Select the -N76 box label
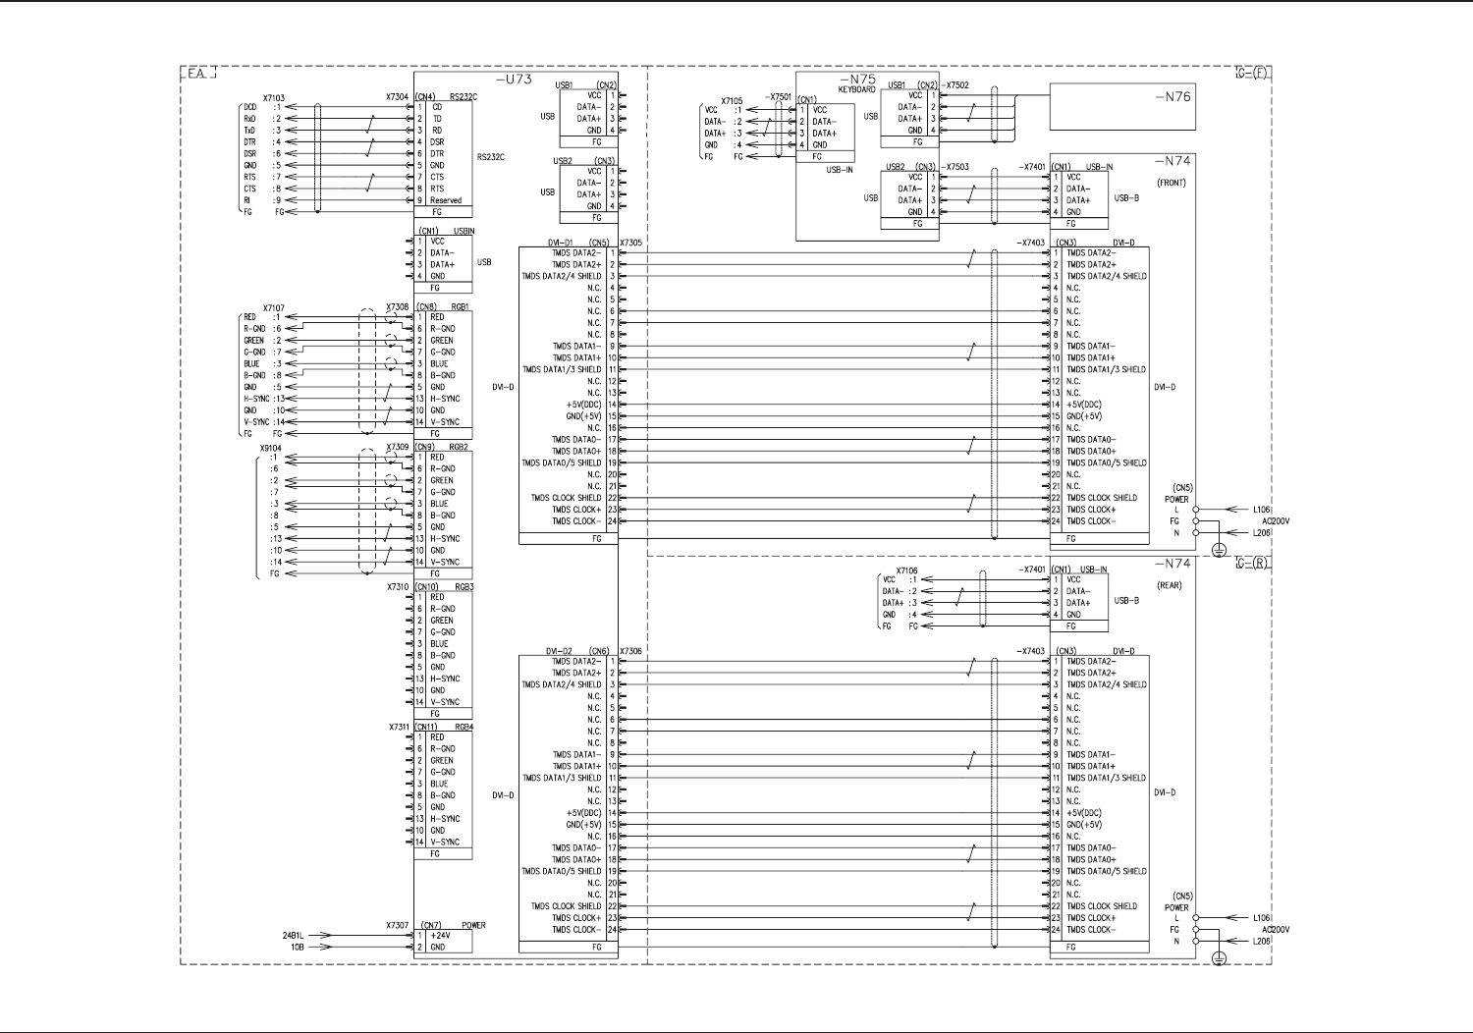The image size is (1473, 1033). tap(1172, 96)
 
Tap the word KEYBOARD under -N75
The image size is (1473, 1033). tap(856, 89)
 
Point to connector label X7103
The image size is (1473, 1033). tap(274, 98)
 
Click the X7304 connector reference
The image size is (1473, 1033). tap(398, 97)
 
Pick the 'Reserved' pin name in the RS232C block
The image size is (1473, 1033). tap(446, 200)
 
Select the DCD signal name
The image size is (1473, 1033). tap(249, 107)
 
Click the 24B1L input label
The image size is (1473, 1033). tap(294, 936)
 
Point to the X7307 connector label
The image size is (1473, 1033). tap(397, 925)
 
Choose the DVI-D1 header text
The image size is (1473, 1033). tap(560, 243)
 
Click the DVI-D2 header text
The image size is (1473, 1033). tap(559, 651)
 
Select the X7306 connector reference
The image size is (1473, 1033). tap(631, 651)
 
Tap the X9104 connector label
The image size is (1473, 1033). tap(270, 448)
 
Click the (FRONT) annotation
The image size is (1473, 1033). tap(1171, 184)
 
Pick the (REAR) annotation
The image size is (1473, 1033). tap(1170, 586)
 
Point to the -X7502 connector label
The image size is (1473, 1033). tap(954, 85)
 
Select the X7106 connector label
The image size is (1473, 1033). tap(906, 571)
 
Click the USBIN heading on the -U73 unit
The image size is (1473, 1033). tap(464, 231)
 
